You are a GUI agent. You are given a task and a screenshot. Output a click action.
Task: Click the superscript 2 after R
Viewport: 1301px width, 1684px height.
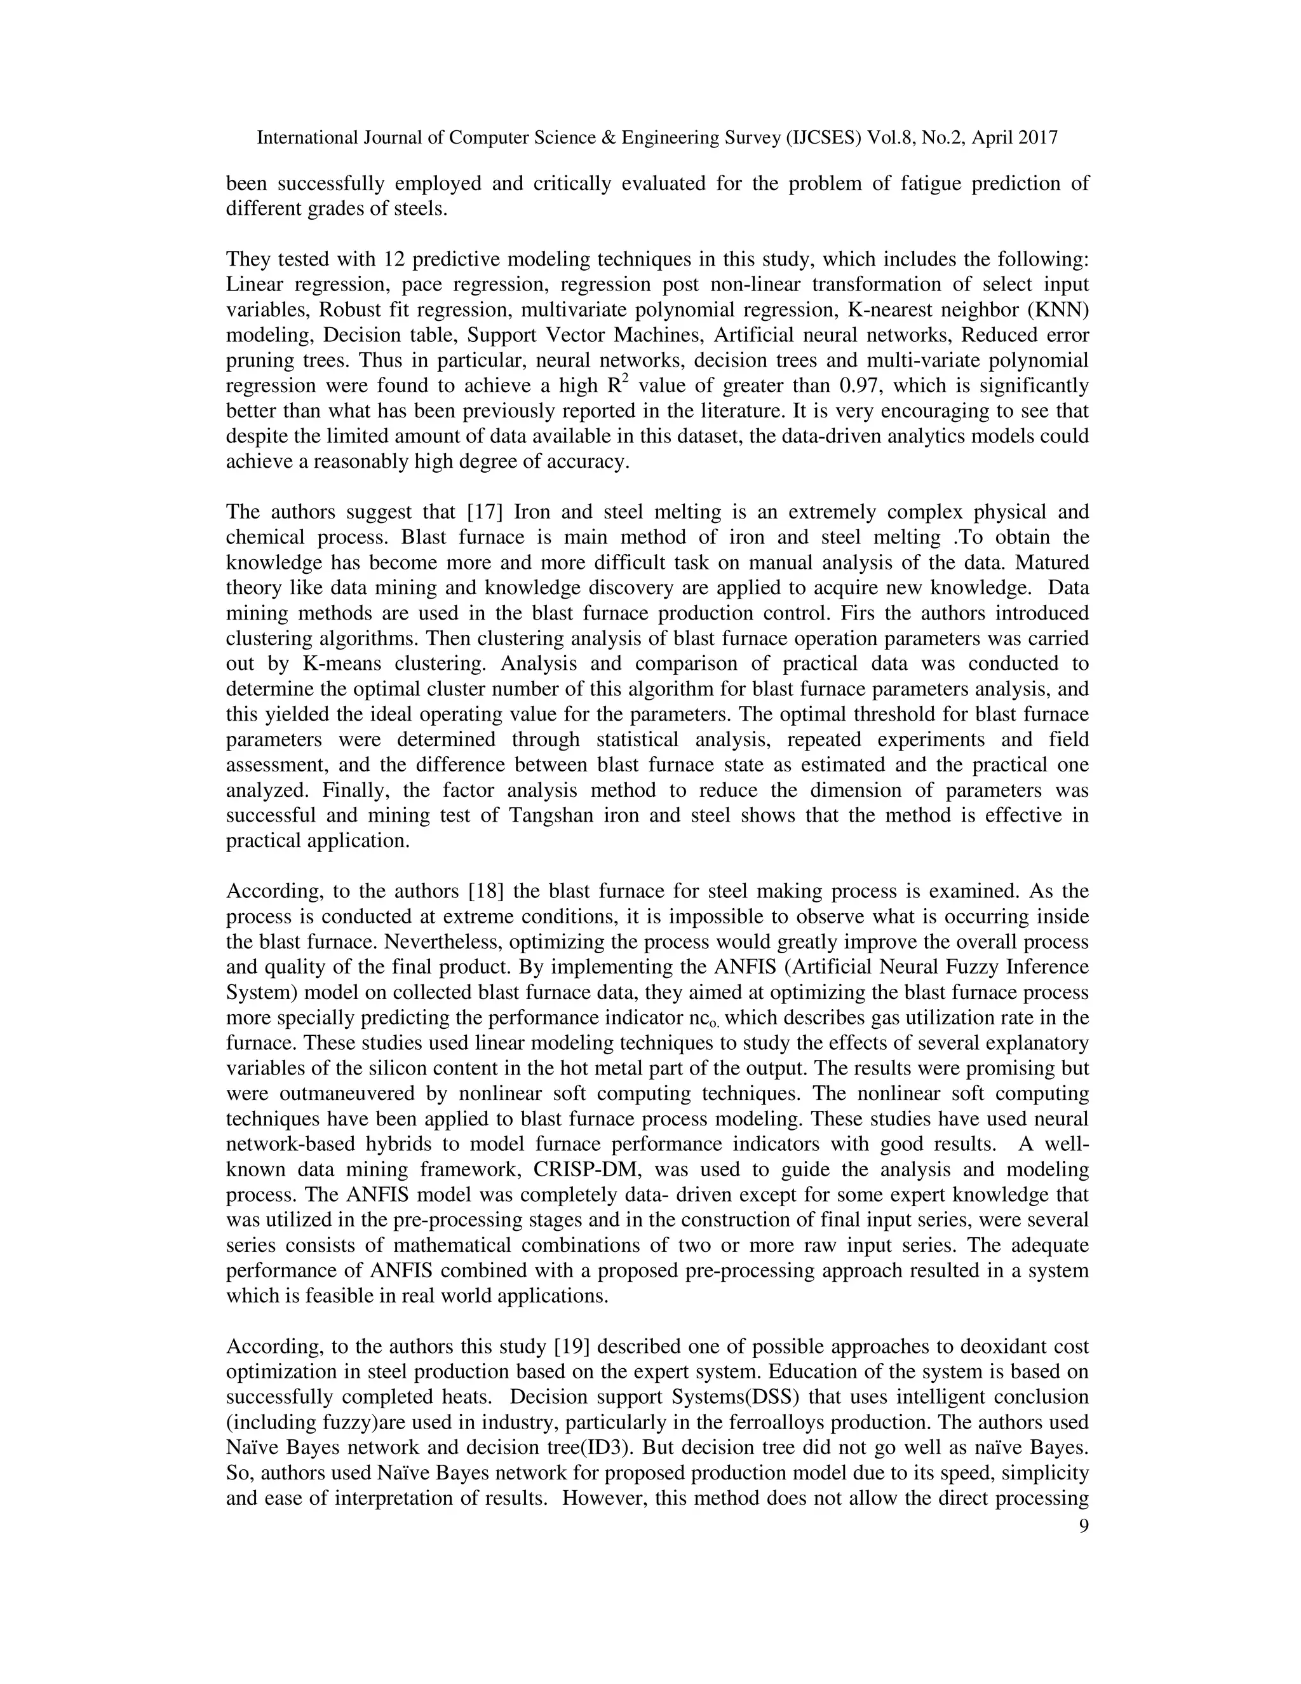click(x=625, y=379)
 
